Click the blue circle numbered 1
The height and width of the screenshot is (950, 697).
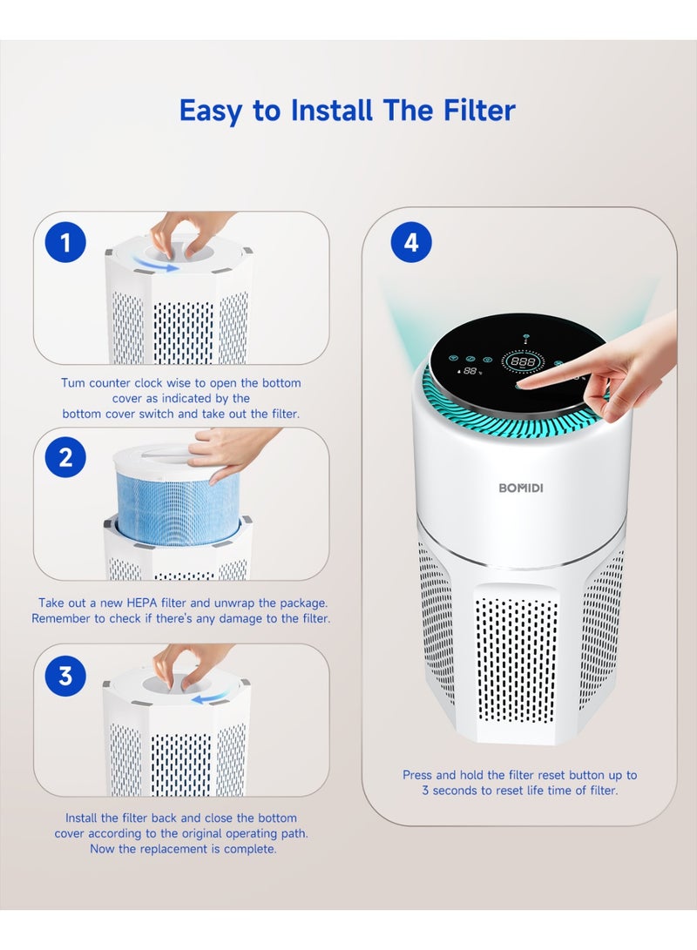point(65,243)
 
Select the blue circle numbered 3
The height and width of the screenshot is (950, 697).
point(65,675)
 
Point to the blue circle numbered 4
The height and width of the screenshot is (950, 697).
point(410,243)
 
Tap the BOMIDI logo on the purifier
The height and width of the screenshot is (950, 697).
point(520,488)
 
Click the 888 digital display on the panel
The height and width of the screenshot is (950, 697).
point(522,360)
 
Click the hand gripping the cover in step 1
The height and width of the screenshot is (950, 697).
point(186,231)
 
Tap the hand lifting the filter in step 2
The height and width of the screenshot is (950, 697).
point(228,449)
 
